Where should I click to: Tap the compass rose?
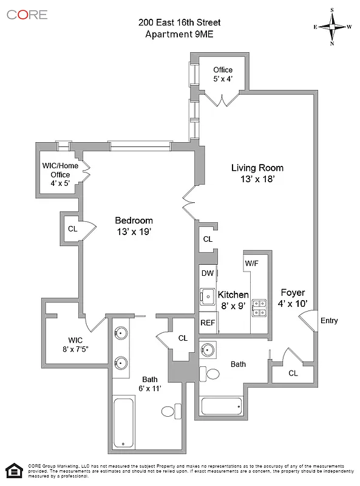pos(332,27)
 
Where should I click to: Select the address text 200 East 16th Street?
pos(179,22)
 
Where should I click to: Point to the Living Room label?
pos(257,173)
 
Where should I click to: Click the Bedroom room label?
pos(134,225)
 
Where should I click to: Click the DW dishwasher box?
pos(208,273)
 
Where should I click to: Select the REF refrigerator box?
pos(208,323)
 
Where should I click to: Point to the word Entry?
pos(329,321)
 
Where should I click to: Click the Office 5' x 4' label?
pos(223,74)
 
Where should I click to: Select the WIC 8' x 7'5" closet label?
pos(75,344)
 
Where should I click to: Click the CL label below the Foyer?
pos(293,373)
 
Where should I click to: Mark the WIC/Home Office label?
pos(59,175)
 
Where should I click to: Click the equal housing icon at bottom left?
pos(13,470)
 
